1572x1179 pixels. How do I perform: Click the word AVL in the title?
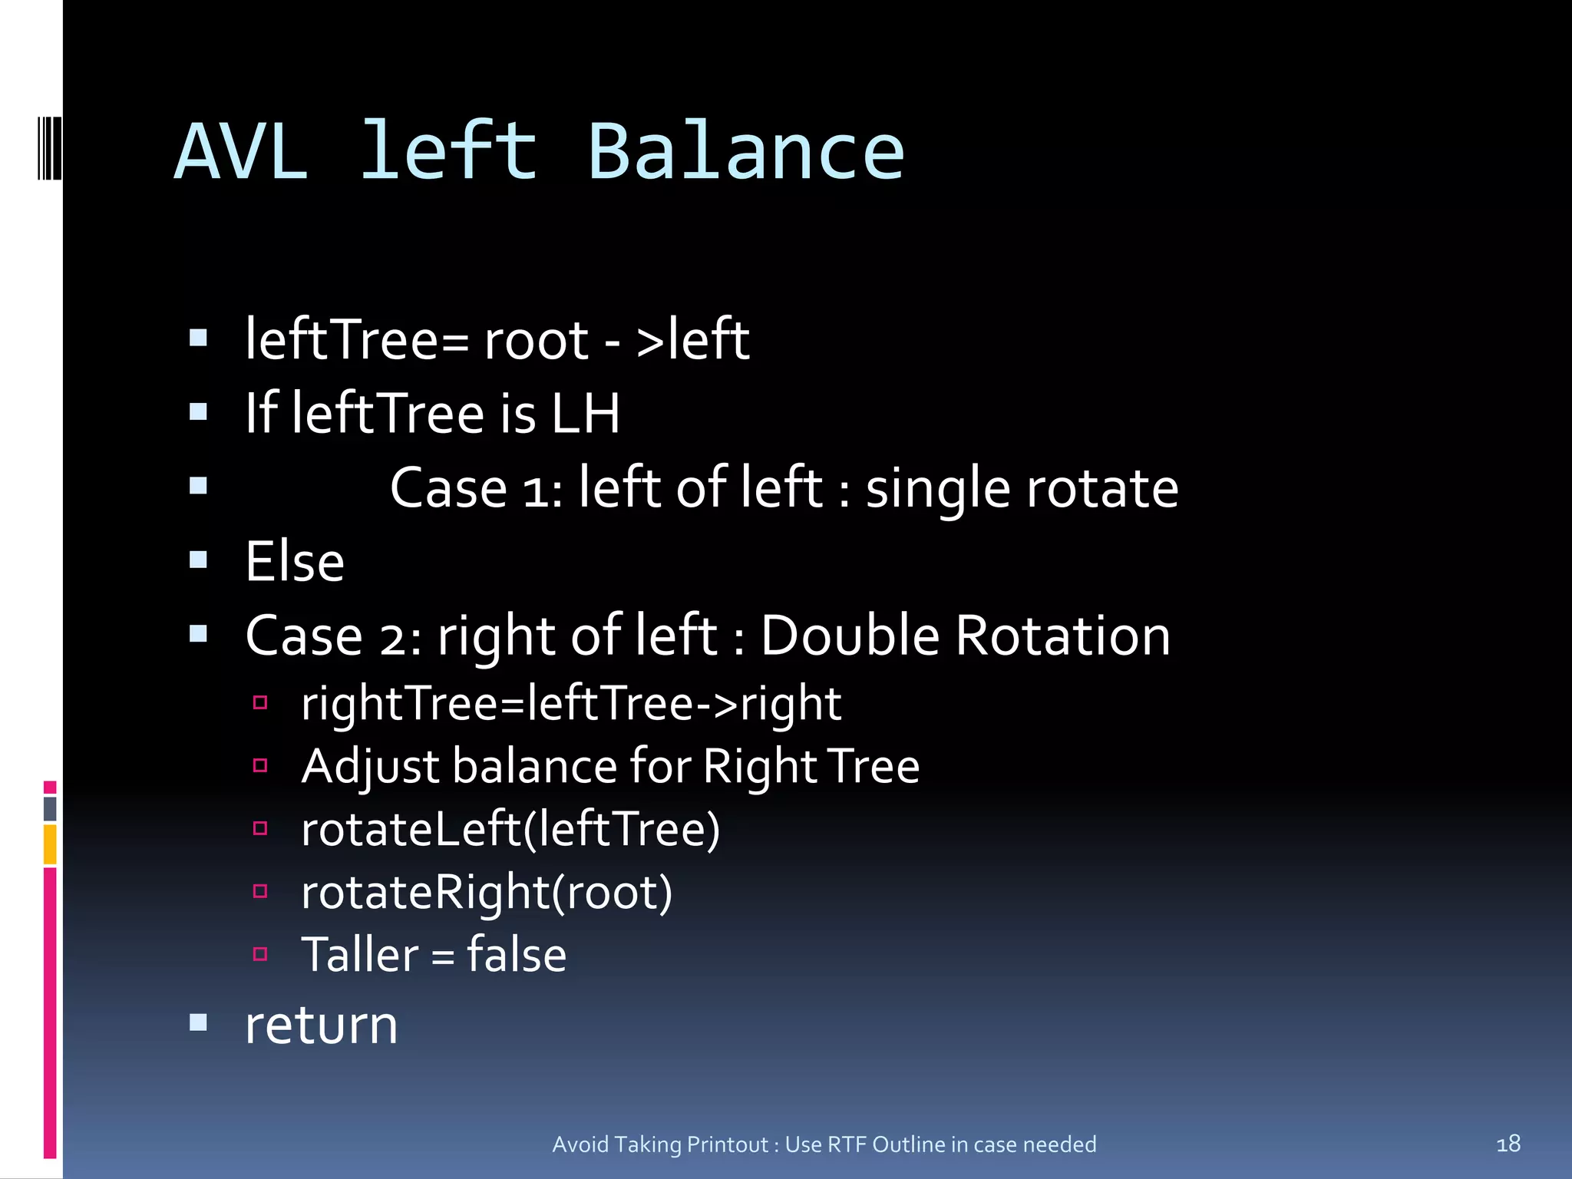(241, 153)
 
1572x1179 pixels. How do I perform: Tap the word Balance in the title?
(745, 153)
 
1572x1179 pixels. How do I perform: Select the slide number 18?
(1508, 1144)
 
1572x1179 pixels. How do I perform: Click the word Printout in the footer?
(728, 1144)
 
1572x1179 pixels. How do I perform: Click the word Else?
(295, 562)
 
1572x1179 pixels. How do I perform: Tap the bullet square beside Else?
(199, 560)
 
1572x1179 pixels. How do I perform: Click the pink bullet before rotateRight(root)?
(260, 891)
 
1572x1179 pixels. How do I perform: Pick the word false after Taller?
(517, 955)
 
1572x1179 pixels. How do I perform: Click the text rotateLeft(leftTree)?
(510, 829)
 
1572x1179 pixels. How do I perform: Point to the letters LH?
(586, 414)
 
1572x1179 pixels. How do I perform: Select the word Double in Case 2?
(850, 636)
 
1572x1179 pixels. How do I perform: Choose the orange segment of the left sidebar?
(50, 844)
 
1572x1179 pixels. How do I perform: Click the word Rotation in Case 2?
(1063, 636)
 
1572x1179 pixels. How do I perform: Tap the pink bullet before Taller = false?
(260, 954)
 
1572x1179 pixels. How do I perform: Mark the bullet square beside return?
(199, 1022)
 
